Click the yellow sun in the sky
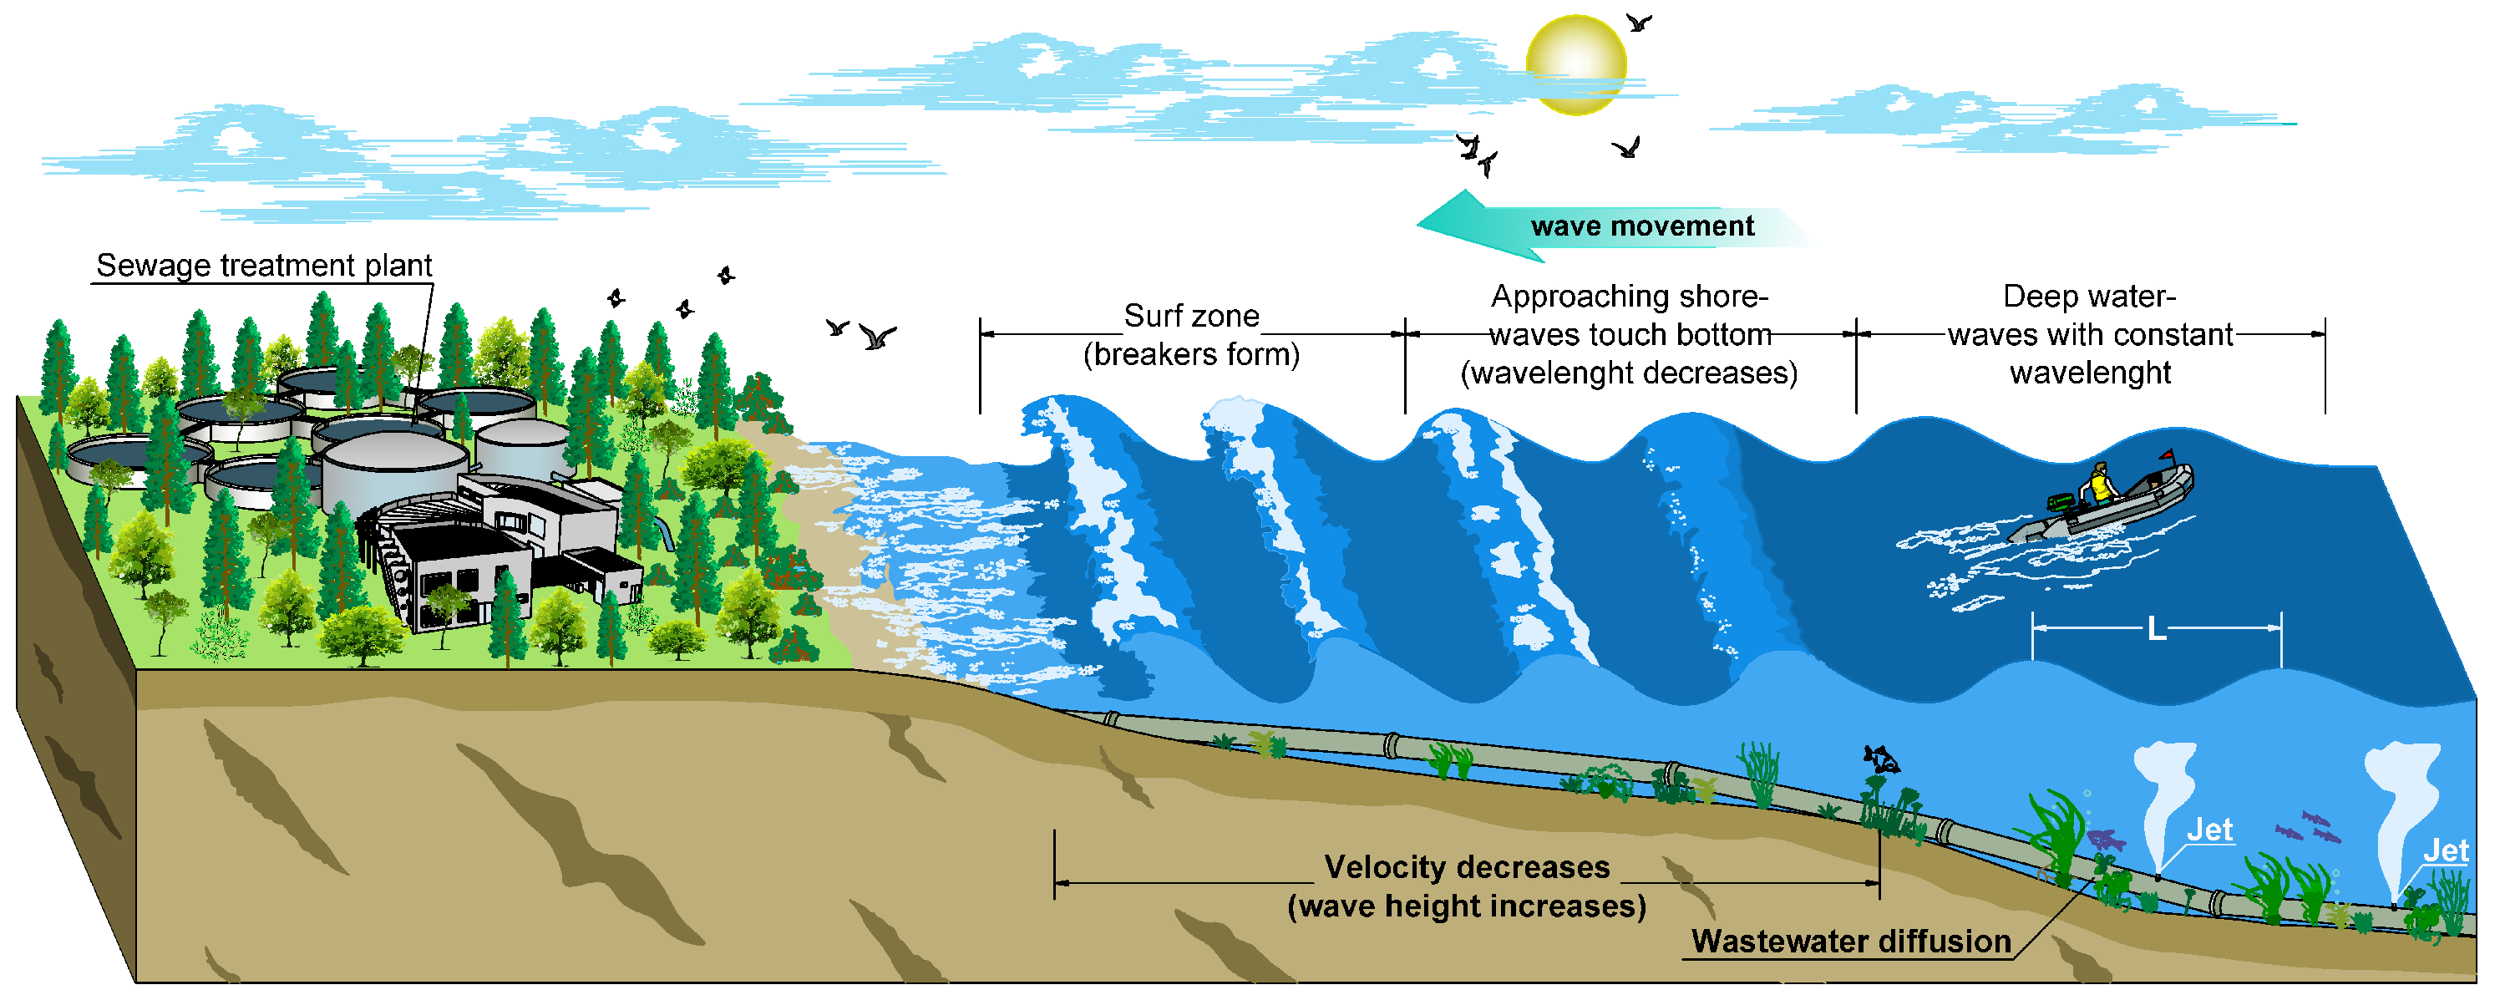[x=1576, y=65]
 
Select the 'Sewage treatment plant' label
[x=263, y=266]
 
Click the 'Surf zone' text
[x=1191, y=316]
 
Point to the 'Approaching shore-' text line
[x=1630, y=297]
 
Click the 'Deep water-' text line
[x=2089, y=297]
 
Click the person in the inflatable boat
[x=2100, y=485]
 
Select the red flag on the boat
[x=2168, y=455]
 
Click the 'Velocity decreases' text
[x=1467, y=867]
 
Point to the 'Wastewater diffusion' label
[x=1851, y=942]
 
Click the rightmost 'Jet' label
[x=2446, y=851]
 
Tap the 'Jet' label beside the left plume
[x=2209, y=830]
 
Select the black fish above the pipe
[x=1880, y=759]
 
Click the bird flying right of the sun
[x=1638, y=22]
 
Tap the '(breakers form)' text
[x=1191, y=354]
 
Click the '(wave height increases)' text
[x=1467, y=906]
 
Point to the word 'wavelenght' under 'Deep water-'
[x=2090, y=373]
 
